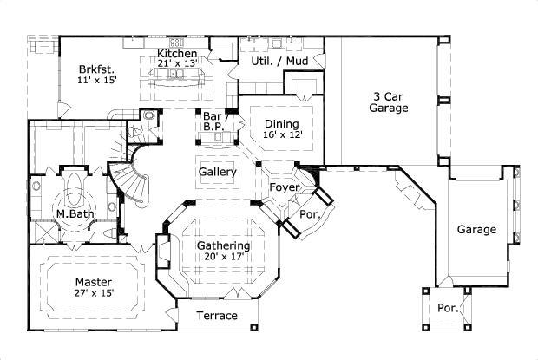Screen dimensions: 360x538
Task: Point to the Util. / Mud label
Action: pos(281,62)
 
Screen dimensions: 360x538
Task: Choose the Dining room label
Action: pos(281,124)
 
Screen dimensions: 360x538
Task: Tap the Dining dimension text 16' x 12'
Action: pos(281,135)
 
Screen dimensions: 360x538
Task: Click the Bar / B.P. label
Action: pos(213,121)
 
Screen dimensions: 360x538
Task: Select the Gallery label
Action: pos(218,173)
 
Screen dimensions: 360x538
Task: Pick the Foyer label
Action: pos(284,187)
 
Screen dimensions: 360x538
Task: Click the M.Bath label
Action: pos(75,213)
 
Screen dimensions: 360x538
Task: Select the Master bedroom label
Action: pos(93,282)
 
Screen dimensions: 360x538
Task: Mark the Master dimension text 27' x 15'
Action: pos(93,294)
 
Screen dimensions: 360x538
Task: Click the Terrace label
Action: pos(216,316)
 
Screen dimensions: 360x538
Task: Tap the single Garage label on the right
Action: pos(477,230)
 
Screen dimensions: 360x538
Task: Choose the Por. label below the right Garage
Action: pos(448,308)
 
